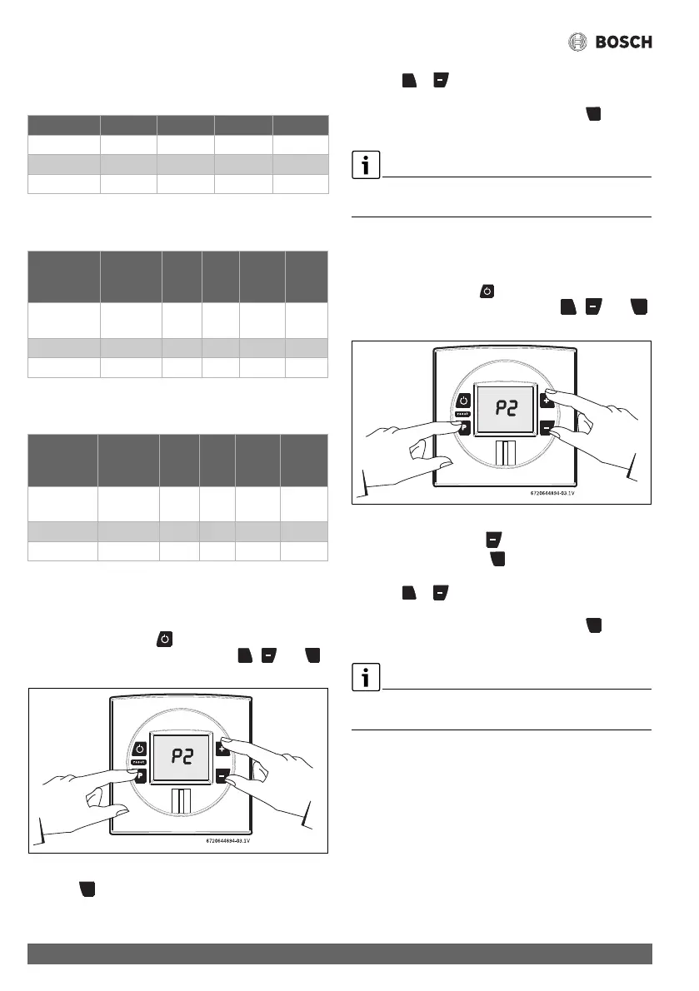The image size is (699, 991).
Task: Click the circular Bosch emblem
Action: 579,42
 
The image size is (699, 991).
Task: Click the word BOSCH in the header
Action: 623,42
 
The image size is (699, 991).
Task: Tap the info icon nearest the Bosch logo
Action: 364,166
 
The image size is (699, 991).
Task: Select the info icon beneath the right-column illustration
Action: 364,678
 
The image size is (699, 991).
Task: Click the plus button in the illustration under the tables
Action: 222,748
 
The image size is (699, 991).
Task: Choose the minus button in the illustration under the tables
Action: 222,775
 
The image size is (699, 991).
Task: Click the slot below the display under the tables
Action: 180,803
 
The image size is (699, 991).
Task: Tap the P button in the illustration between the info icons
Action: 462,429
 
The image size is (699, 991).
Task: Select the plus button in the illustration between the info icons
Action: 547,401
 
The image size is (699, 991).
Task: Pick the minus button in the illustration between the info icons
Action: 547,427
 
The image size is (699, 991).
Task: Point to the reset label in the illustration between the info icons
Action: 462,414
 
